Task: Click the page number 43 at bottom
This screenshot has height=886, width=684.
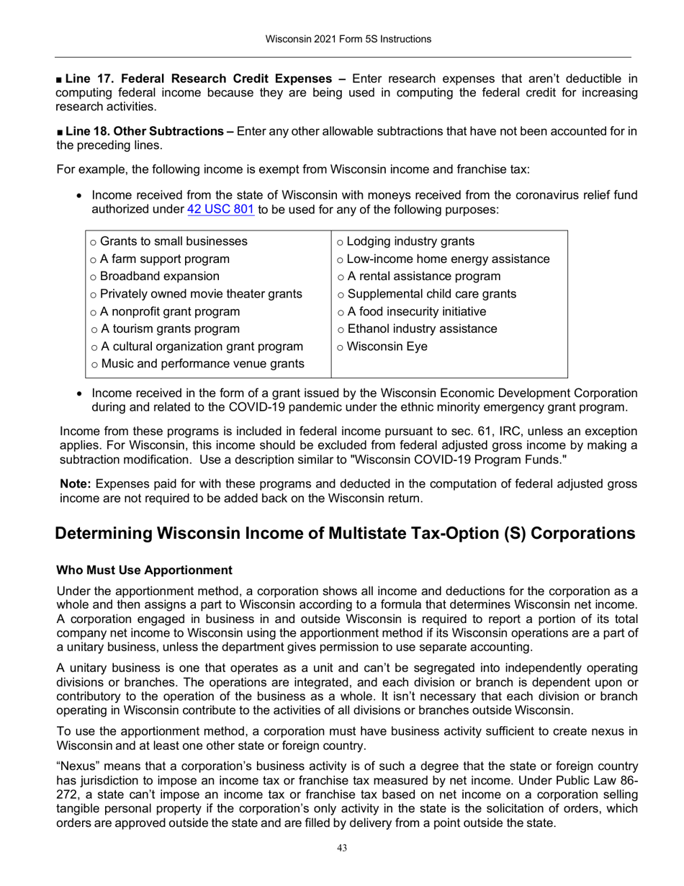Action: pyautogui.click(x=342, y=848)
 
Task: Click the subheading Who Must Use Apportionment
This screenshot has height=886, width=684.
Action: pyautogui.click(x=144, y=570)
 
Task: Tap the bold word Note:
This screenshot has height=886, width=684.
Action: pyautogui.click(x=75, y=484)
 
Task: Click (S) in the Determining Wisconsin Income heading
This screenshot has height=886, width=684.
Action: pyautogui.click(x=523, y=534)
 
